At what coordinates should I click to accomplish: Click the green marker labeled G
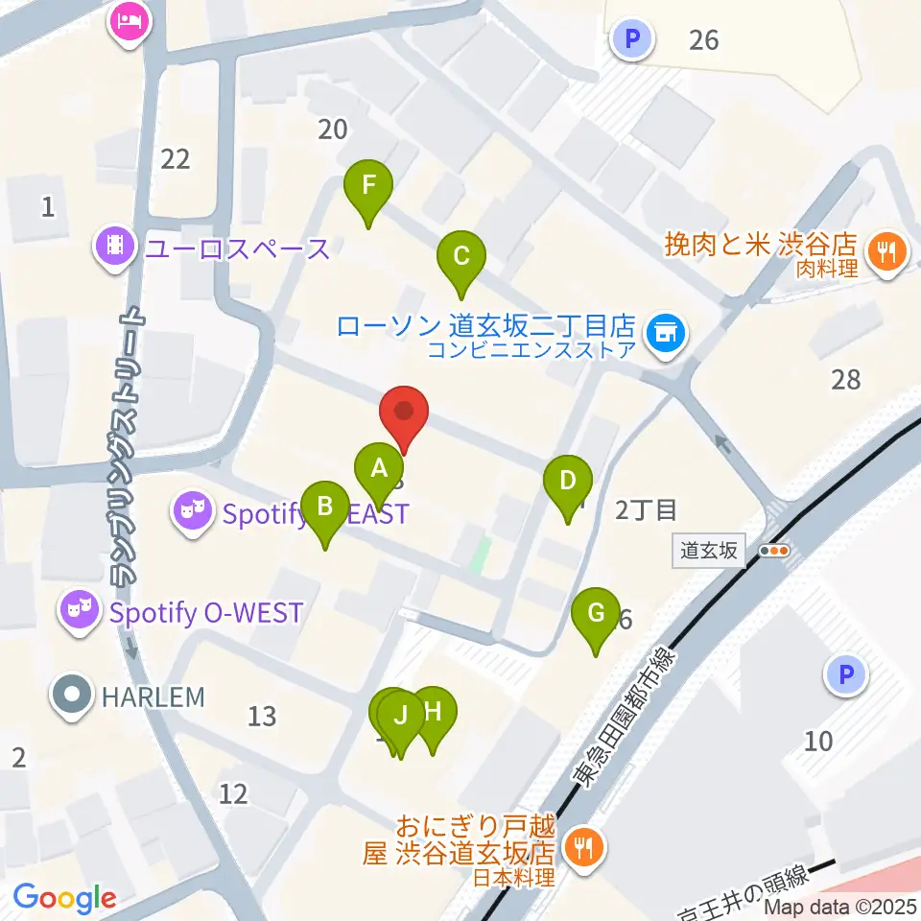[x=596, y=614]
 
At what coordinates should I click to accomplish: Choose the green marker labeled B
[x=325, y=508]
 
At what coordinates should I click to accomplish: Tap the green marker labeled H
[x=433, y=715]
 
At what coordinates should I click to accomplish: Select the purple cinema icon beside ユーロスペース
[x=116, y=248]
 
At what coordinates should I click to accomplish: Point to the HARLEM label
[x=153, y=697]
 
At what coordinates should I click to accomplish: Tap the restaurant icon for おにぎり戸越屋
[x=581, y=847]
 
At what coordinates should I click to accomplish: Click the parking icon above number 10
[x=845, y=675]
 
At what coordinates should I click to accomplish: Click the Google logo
[x=64, y=898]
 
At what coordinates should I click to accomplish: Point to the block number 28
[x=846, y=380]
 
